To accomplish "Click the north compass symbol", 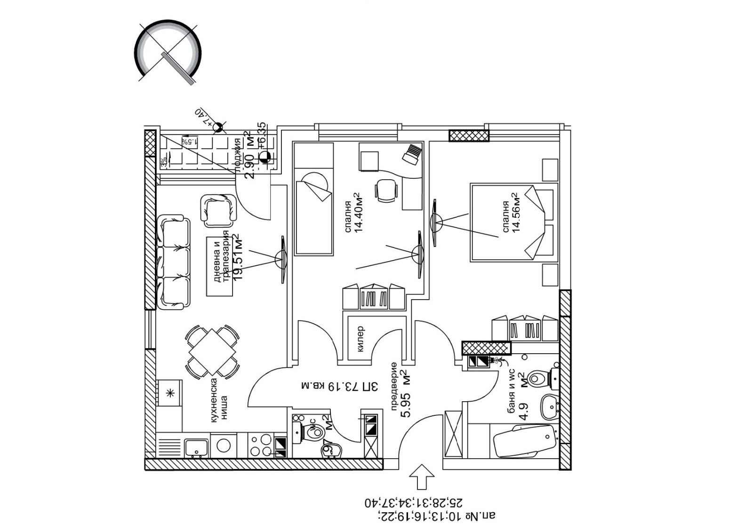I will click(x=168, y=52).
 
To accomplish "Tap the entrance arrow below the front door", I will click(x=422, y=478).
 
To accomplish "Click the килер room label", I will click(x=360, y=339).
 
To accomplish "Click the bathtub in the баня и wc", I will click(x=523, y=441).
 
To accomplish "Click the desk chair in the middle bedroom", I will click(x=386, y=191).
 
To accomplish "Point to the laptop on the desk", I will click(x=413, y=154).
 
